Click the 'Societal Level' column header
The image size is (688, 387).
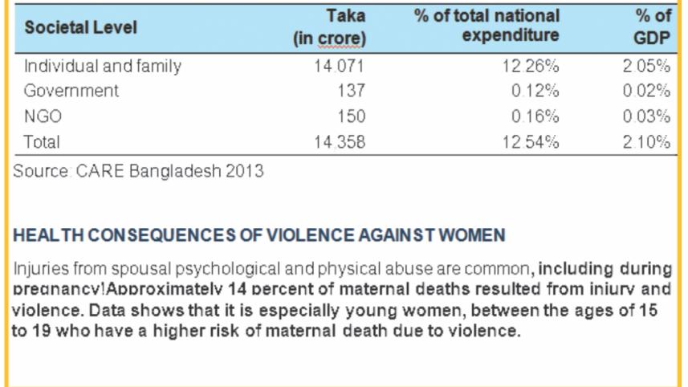coord(81,27)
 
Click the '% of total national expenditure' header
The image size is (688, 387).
coord(486,26)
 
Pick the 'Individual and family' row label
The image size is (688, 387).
coord(103,66)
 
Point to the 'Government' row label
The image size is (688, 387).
coord(71,91)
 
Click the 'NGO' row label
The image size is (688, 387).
coord(43,116)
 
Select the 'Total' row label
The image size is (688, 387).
coord(43,142)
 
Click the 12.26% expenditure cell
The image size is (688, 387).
coord(531,66)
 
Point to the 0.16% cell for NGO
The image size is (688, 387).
coord(535,116)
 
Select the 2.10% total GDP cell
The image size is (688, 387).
coord(646,142)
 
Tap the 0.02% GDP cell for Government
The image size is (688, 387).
coord(646,91)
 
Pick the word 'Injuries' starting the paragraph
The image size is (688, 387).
coord(39,269)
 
